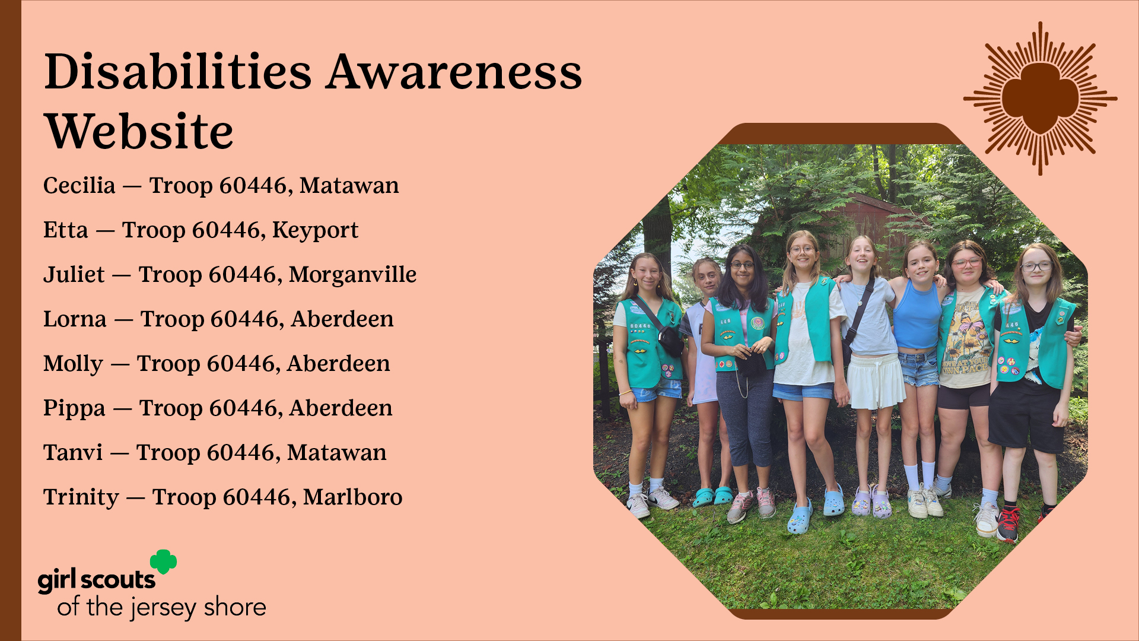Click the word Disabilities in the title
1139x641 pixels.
click(x=178, y=72)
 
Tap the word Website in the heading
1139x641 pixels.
click(x=139, y=131)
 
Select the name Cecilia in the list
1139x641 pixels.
click(x=79, y=185)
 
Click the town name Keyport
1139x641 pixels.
click(x=315, y=230)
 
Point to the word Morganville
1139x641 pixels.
click(x=352, y=274)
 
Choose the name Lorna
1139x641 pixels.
click(x=75, y=319)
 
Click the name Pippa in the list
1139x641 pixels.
click(x=74, y=409)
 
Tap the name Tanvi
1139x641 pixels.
click(x=73, y=453)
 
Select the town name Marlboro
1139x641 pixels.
click(x=352, y=497)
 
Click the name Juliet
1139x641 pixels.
click(x=74, y=275)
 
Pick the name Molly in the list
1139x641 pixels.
click(x=73, y=364)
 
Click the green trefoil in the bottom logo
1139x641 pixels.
click(x=164, y=561)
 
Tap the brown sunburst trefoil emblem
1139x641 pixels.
click(x=1040, y=99)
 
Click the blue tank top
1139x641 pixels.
click(x=917, y=317)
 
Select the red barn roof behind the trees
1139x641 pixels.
click(x=854, y=205)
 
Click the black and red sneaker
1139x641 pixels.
click(x=1008, y=523)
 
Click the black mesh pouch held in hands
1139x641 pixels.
click(x=751, y=363)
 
